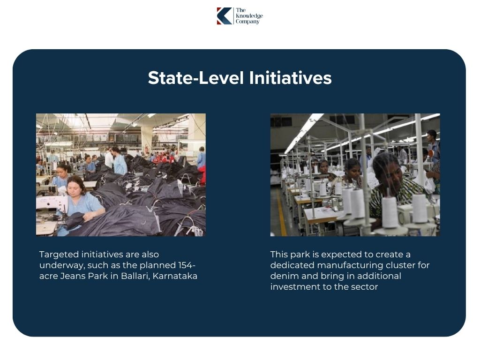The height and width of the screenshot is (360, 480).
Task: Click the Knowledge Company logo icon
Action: point(224,16)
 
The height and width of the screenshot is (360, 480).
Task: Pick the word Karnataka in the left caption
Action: point(175,276)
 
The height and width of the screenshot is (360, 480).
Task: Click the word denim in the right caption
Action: point(282,276)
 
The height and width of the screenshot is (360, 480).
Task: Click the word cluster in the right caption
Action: point(404,265)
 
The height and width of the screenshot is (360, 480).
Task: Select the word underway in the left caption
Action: point(60,265)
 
